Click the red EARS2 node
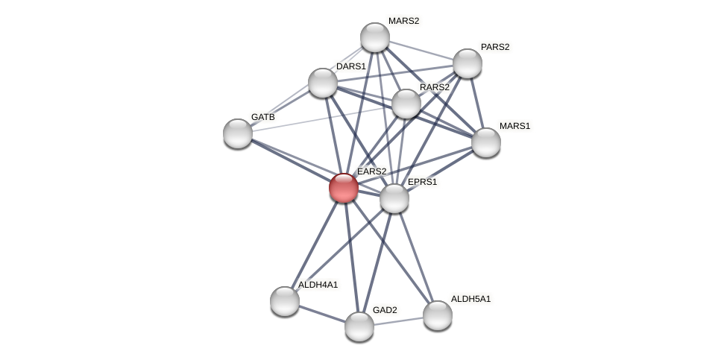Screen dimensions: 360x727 [343, 187]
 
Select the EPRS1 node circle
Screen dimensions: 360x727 [394, 198]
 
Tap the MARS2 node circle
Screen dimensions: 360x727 [374, 37]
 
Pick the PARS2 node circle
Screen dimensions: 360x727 [467, 63]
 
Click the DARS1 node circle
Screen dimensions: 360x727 [322, 83]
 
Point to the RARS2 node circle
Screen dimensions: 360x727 [406, 104]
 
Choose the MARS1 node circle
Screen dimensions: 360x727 [485, 142]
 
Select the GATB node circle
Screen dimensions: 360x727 [237, 133]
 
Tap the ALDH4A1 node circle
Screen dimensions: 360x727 [284, 301]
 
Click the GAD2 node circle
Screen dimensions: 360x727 [359, 326]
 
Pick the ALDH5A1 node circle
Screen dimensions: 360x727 [437, 315]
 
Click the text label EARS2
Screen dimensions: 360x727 [371, 171]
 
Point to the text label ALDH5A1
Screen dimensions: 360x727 [470, 299]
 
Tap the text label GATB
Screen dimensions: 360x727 [262, 117]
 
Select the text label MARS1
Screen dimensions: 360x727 [514, 126]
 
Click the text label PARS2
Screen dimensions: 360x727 [495, 47]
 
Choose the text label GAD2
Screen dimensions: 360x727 [385, 310]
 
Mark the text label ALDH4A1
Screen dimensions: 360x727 [318, 285]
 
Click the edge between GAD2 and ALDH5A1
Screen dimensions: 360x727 [398, 320]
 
